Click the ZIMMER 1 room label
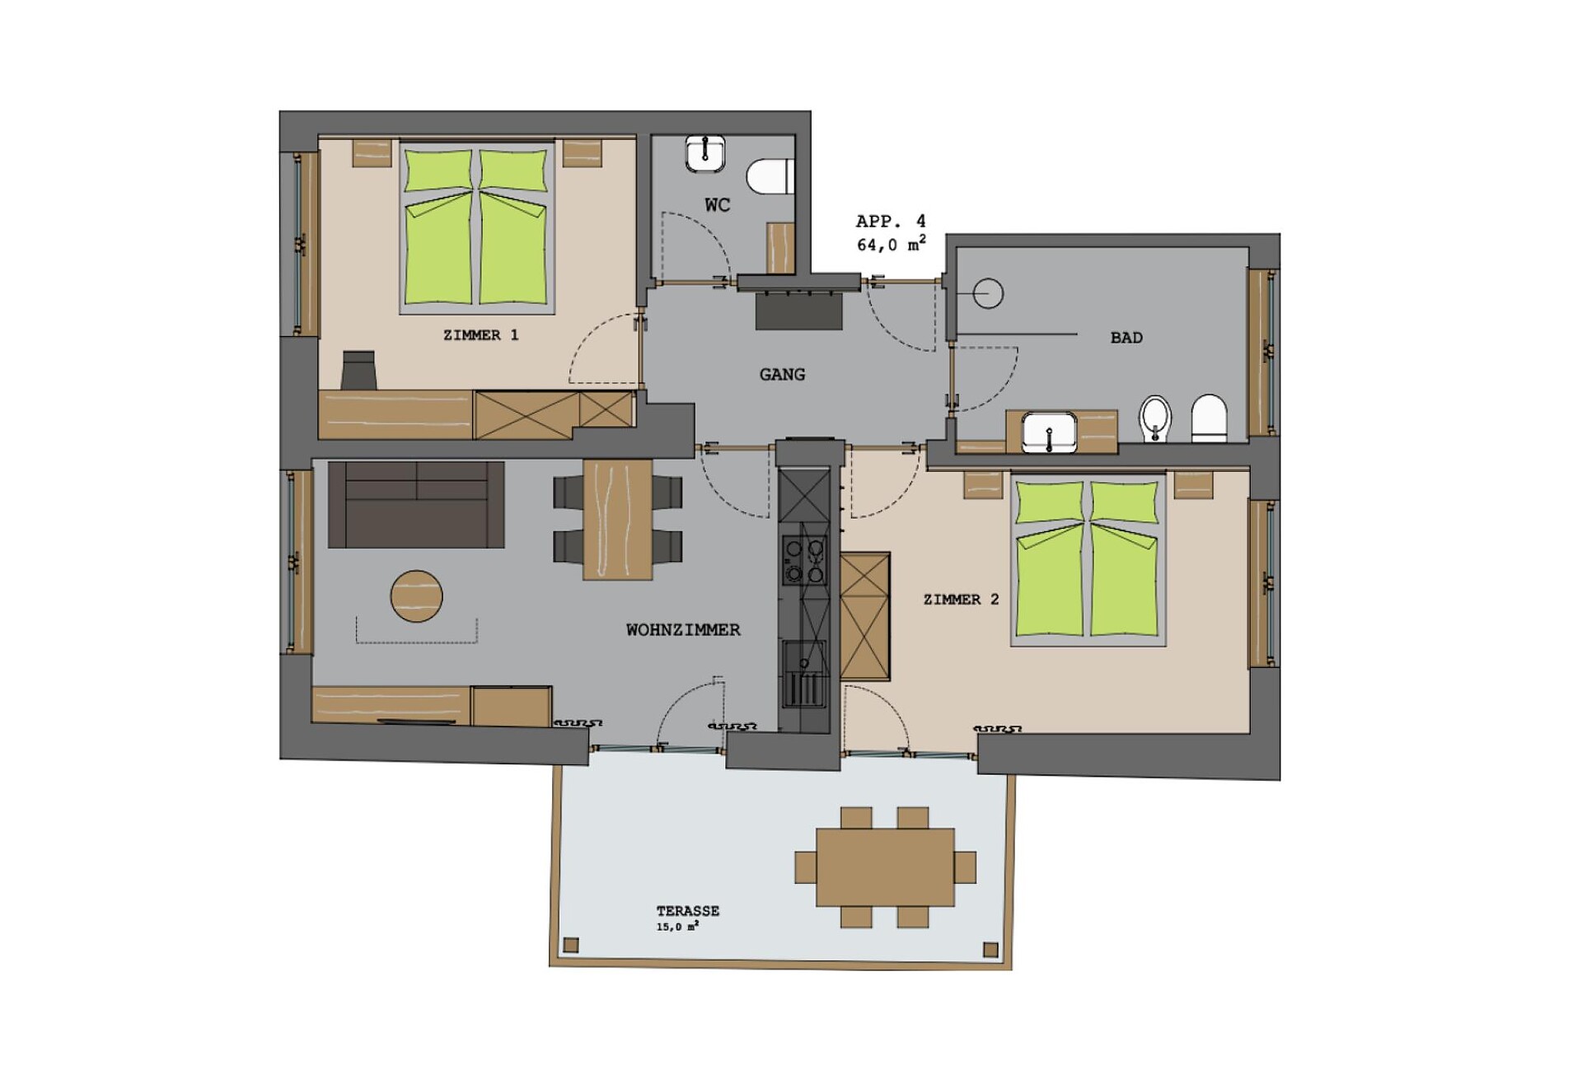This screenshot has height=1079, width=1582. point(480,335)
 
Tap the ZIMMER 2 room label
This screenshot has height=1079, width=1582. point(961,600)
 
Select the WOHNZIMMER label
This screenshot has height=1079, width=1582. point(683,630)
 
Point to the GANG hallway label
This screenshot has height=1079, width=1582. point(782,375)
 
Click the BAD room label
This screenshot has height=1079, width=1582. point(1126,338)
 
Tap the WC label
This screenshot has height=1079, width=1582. point(717,205)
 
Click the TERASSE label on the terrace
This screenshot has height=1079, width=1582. point(688,911)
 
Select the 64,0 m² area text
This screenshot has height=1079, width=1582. point(891,245)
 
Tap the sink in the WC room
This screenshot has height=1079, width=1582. point(705,154)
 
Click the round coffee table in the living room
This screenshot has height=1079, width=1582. point(417,596)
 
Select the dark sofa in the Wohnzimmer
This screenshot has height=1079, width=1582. point(416,505)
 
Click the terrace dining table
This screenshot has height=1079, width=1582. point(886,867)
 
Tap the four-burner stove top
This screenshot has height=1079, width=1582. point(805,560)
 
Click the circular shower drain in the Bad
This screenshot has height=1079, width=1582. point(988,293)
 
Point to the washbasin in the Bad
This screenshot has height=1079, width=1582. point(1049,432)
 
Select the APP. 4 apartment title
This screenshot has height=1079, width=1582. point(891,222)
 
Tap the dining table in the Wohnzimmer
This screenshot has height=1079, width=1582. point(618,520)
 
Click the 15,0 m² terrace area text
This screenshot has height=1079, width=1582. point(677,927)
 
